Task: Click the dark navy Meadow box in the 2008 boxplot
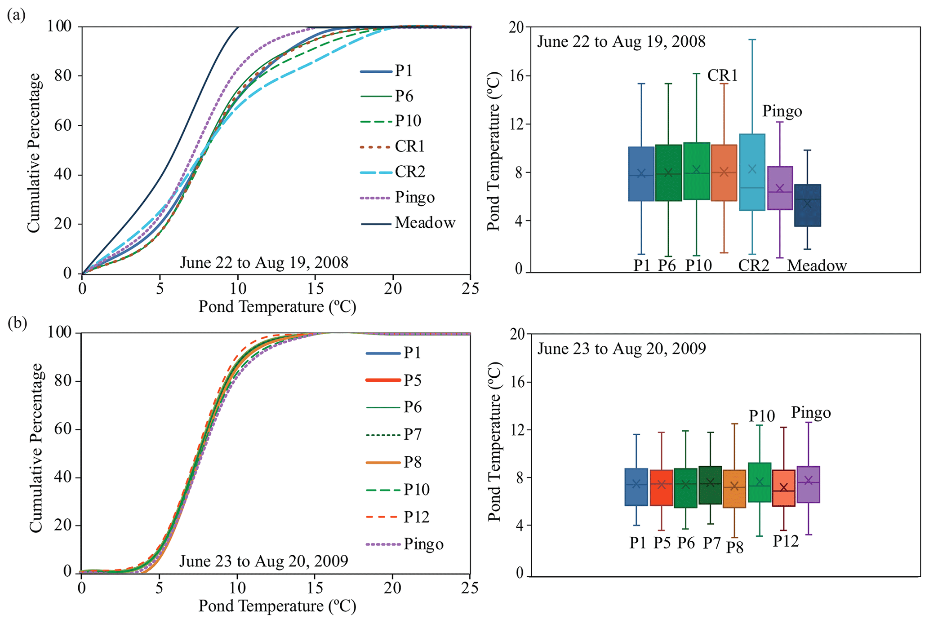click(807, 205)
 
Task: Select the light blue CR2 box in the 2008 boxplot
click(752, 172)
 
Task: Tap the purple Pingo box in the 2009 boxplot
click(808, 484)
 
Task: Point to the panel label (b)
click(17, 323)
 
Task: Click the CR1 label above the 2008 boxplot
click(722, 75)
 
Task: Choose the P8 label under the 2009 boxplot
click(735, 547)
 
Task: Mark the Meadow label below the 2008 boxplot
click(817, 266)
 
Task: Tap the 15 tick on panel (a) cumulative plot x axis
click(315, 288)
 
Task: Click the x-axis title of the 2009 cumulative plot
click(277, 606)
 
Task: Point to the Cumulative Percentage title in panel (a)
click(34, 153)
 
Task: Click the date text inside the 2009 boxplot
click(621, 349)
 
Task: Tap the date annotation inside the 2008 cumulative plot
click(264, 262)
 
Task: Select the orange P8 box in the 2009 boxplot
click(734, 489)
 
